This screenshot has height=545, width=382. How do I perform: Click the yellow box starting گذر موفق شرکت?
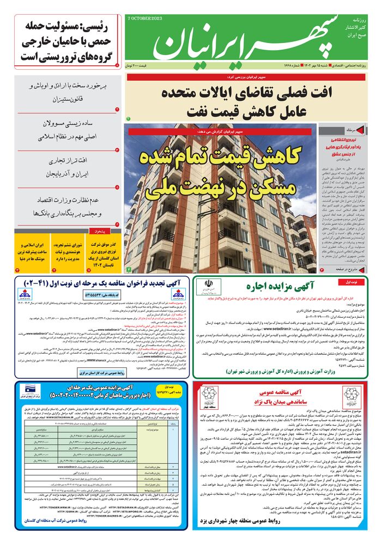[x=104, y=253]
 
